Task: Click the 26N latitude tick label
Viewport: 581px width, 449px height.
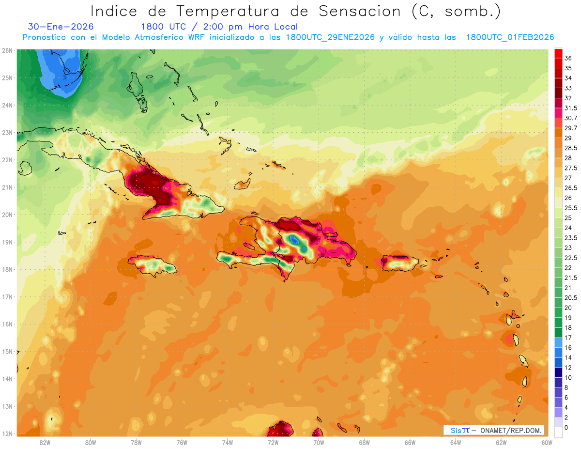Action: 7,50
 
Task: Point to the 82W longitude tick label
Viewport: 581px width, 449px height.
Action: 45,443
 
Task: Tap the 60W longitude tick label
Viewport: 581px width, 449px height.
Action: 547,443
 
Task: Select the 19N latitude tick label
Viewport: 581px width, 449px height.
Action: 7,242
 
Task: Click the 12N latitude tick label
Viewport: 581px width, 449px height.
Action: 7,434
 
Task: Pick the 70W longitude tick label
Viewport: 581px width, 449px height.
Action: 319,443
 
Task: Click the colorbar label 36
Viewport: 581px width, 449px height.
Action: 568,58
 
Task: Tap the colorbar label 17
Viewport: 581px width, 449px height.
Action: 568,337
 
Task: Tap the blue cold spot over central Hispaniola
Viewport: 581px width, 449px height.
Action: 295,239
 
